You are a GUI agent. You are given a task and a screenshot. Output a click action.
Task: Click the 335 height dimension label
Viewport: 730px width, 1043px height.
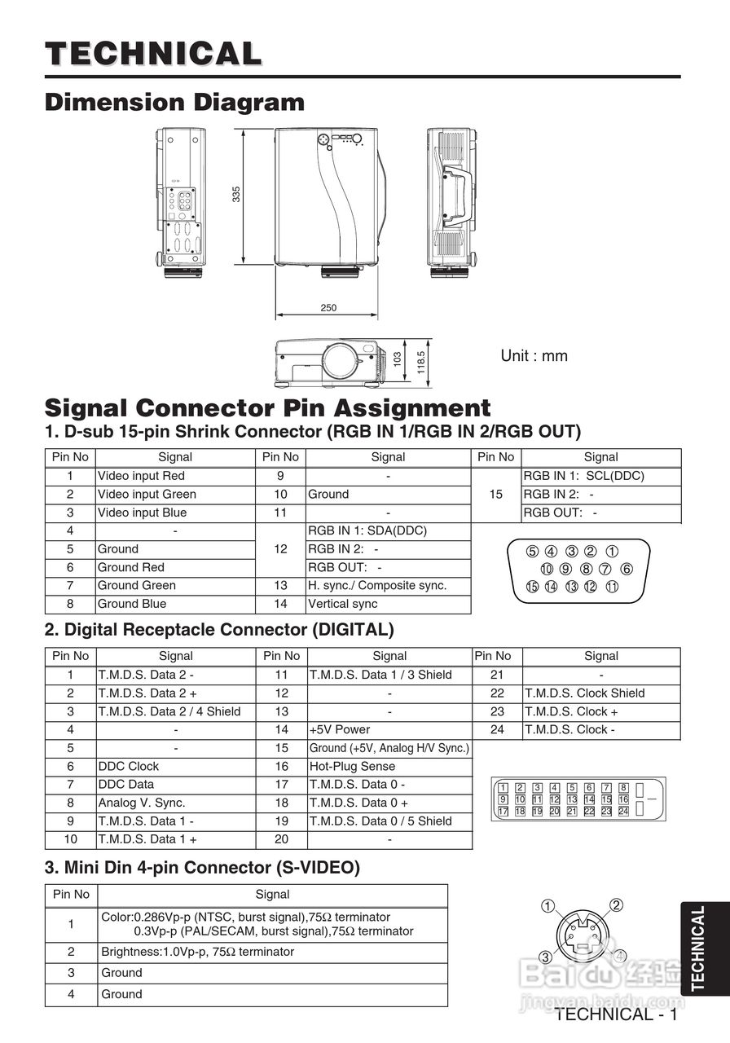236,194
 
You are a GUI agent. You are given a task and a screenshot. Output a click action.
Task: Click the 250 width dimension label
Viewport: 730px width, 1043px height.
328,308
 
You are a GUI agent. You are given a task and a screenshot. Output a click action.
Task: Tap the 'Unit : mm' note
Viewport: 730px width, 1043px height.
534,356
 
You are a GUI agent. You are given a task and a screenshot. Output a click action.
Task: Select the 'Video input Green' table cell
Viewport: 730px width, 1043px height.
147,495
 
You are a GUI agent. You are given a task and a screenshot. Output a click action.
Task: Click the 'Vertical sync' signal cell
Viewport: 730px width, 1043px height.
343,604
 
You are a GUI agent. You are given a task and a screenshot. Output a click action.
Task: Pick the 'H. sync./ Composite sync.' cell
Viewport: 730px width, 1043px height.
377,586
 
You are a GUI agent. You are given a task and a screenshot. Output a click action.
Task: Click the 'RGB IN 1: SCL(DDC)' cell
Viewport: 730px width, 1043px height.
583,476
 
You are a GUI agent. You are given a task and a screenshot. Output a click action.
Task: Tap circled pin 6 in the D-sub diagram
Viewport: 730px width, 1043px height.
627,569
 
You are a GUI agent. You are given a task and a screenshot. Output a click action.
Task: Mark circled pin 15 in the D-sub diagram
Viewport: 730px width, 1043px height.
532,586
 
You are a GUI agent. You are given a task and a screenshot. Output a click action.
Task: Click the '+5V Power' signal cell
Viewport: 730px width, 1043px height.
339,729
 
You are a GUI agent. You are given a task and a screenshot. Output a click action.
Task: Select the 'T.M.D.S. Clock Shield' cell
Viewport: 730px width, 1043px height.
584,693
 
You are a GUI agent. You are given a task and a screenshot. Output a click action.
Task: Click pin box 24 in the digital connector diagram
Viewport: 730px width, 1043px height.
623,812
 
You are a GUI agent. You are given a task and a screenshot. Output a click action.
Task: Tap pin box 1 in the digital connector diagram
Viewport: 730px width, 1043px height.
504,788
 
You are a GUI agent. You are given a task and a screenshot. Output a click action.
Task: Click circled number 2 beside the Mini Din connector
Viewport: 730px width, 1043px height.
617,905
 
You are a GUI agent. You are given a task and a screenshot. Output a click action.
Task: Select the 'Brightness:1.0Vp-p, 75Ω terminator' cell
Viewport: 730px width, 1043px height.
197,952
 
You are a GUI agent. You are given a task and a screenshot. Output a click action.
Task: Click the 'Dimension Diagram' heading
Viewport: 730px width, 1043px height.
174,103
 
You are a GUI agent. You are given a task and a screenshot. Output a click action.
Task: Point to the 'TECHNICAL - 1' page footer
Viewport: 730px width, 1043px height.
616,1014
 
